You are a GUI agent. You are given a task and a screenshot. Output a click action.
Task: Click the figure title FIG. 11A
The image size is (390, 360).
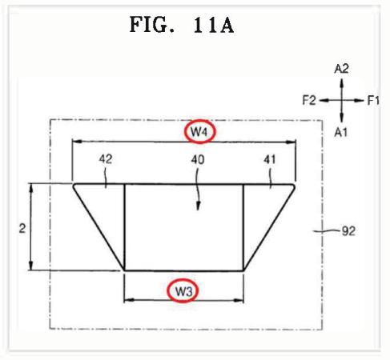182,25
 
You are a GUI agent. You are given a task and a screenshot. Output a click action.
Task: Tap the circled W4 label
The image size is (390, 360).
199,131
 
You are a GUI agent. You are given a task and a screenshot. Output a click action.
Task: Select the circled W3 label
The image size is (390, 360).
183,291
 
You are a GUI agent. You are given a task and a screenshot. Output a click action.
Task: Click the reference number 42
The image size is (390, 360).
106,159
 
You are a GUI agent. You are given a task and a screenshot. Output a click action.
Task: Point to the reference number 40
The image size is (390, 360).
198,160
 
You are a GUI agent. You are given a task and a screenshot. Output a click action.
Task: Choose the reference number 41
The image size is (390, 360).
270,160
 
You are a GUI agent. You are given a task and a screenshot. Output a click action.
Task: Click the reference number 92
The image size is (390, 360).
348,231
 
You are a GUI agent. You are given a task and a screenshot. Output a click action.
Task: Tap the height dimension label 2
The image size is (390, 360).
22,229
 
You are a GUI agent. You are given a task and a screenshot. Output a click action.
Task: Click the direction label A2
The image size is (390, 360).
341,69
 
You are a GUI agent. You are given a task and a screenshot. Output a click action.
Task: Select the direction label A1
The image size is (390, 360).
341,132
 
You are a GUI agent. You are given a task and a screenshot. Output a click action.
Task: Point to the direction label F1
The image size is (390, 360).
373,101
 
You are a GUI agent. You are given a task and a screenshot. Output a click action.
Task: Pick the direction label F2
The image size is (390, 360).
309,100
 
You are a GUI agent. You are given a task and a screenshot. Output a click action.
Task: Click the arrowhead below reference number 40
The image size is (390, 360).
198,206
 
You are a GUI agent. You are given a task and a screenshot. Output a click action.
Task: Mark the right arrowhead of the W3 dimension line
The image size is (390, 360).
239,301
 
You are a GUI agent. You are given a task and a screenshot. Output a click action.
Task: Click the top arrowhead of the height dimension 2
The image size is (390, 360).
31,188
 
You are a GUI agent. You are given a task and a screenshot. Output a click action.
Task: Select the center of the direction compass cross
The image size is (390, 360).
342,101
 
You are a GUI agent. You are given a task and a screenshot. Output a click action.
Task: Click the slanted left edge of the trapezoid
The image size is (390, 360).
99,227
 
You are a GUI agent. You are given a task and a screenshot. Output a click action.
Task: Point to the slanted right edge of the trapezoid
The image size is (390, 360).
269,227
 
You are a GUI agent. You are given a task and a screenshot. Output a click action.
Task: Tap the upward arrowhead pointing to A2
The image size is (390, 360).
342,82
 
